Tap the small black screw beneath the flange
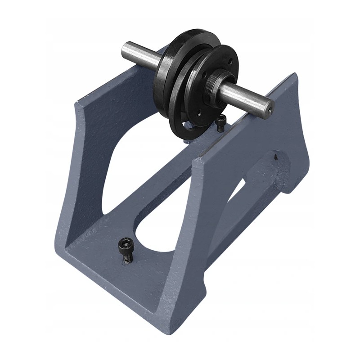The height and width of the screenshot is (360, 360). pyautogui.click(x=220, y=122)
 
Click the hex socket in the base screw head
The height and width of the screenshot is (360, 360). pyautogui.click(x=125, y=243)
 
